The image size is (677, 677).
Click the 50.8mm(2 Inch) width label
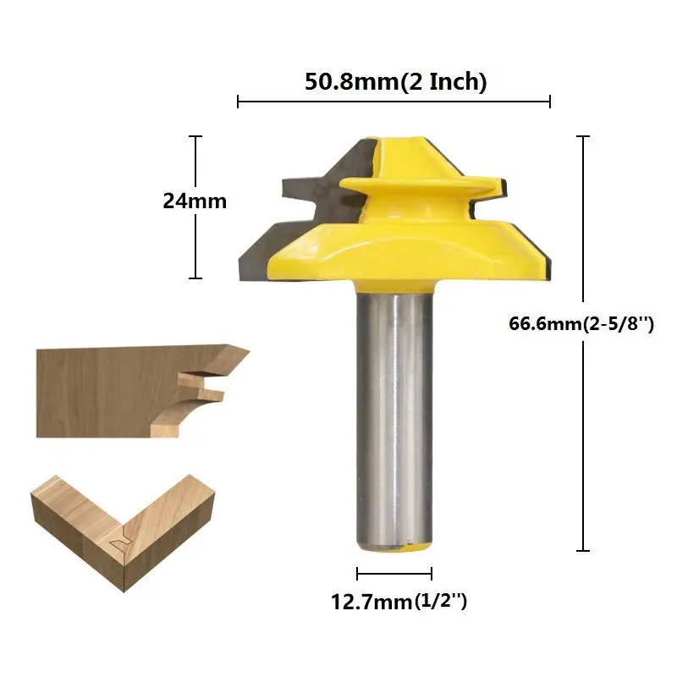(395, 81)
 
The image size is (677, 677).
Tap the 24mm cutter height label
(195, 201)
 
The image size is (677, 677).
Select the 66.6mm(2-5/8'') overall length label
(581, 323)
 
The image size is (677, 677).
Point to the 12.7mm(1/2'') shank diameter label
(399, 602)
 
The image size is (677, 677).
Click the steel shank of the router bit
(394, 419)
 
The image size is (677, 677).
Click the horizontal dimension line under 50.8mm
(394, 102)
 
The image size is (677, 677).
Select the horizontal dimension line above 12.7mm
(394, 574)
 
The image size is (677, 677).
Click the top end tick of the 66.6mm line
(583, 136)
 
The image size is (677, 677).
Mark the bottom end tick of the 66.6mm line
(583, 551)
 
